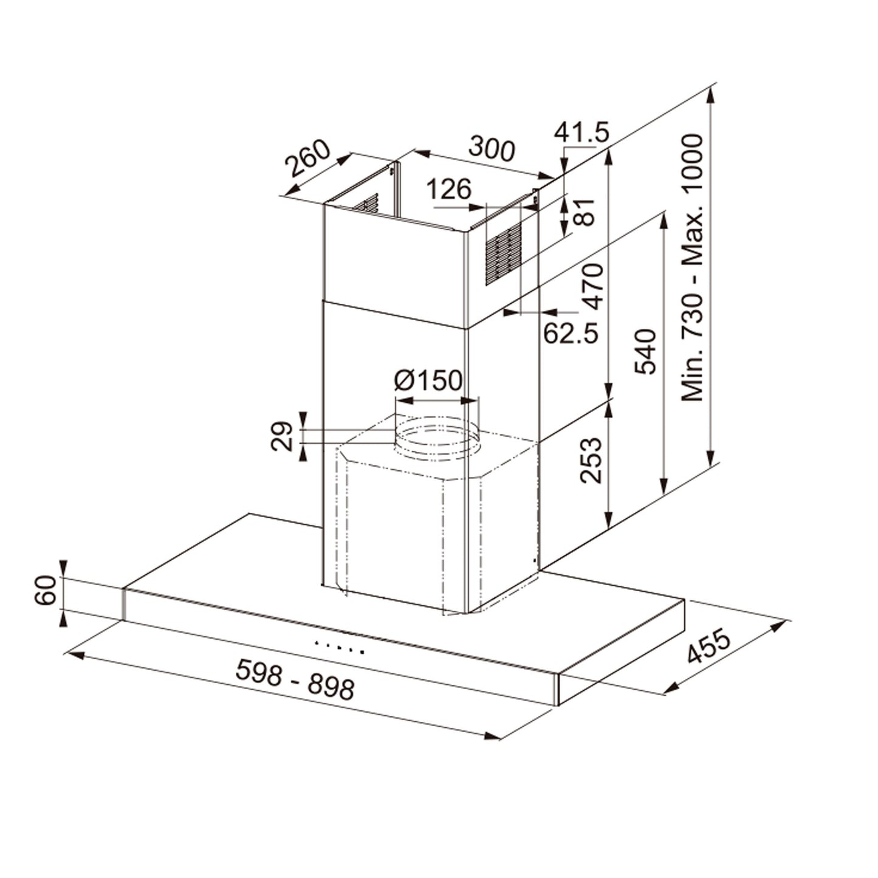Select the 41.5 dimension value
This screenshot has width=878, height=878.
[x=581, y=132]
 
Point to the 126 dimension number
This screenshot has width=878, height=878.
[x=448, y=190]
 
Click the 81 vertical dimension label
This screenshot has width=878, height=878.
[x=585, y=212]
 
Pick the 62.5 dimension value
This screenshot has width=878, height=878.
[x=571, y=332]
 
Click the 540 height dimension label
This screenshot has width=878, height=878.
[x=645, y=351]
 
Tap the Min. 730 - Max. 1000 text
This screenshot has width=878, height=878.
[x=691, y=267]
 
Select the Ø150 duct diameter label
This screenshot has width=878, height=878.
[x=428, y=381]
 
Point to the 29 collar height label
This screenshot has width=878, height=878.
[x=281, y=436]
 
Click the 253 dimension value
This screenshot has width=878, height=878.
[x=591, y=460]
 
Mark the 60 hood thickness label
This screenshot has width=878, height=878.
[x=46, y=591]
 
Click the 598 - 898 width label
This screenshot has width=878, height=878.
[x=295, y=679]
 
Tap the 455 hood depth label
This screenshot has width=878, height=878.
[x=708, y=648]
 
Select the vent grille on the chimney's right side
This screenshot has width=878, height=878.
[x=503, y=253]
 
